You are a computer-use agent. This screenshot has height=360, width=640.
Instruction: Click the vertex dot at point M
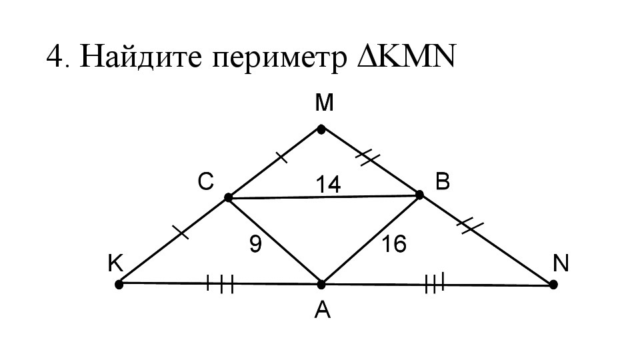(321, 129)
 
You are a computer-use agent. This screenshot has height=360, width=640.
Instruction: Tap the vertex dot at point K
(119, 284)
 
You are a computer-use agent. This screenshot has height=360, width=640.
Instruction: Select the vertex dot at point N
(553, 285)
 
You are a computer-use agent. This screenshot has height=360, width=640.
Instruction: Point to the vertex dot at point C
(228, 197)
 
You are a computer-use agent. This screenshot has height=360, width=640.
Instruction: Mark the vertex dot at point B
(419, 195)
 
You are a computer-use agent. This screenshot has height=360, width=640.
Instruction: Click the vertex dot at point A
(321, 285)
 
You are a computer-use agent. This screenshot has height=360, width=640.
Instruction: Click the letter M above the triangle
(325, 103)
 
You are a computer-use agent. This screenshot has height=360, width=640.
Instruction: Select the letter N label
(560, 265)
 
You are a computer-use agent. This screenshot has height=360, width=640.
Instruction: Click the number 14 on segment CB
(328, 185)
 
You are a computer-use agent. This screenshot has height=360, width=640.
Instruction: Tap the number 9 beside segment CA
(255, 245)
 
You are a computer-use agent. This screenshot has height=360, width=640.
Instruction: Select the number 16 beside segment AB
(394, 245)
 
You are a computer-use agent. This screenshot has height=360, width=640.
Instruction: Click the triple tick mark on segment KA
(220, 285)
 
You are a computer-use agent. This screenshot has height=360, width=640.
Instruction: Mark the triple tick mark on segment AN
(434, 285)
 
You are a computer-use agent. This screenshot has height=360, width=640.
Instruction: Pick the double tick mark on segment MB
(367, 157)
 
